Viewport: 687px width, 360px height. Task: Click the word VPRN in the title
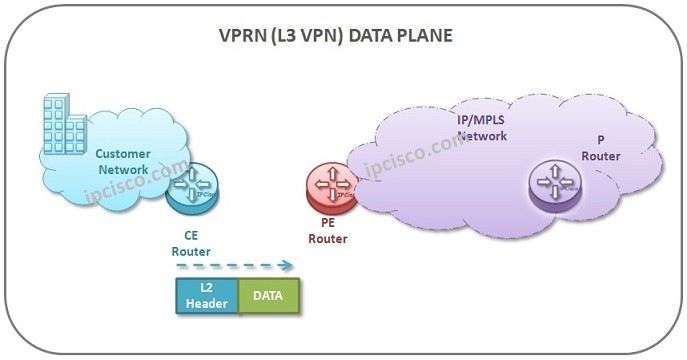point(244,36)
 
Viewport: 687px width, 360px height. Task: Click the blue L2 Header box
point(207,297)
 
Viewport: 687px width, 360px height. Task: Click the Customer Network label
point(122,161)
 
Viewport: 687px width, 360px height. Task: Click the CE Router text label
point(191,243)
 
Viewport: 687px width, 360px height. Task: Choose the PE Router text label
point(327,231)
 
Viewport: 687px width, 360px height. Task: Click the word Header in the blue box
point(207,304)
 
